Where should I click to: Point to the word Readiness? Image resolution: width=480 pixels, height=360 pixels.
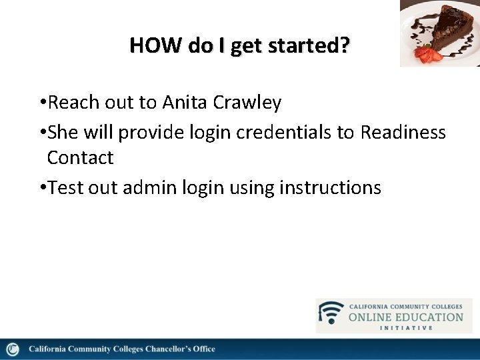point(403,132)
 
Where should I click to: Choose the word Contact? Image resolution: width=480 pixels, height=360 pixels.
point(80,158)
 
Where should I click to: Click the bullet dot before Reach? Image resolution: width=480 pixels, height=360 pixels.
point(42,103)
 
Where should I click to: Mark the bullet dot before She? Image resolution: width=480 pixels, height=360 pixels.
point(42,133)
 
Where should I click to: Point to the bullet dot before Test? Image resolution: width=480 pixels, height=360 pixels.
point(42,188)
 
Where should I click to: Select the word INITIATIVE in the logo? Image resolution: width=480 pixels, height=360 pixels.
point(406,327)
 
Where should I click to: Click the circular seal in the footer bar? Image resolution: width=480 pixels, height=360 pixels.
point(13,349)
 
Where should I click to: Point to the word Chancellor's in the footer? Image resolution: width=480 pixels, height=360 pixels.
point(158,349)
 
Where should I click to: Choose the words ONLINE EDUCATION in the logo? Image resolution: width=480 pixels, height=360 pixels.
point(406,317)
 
